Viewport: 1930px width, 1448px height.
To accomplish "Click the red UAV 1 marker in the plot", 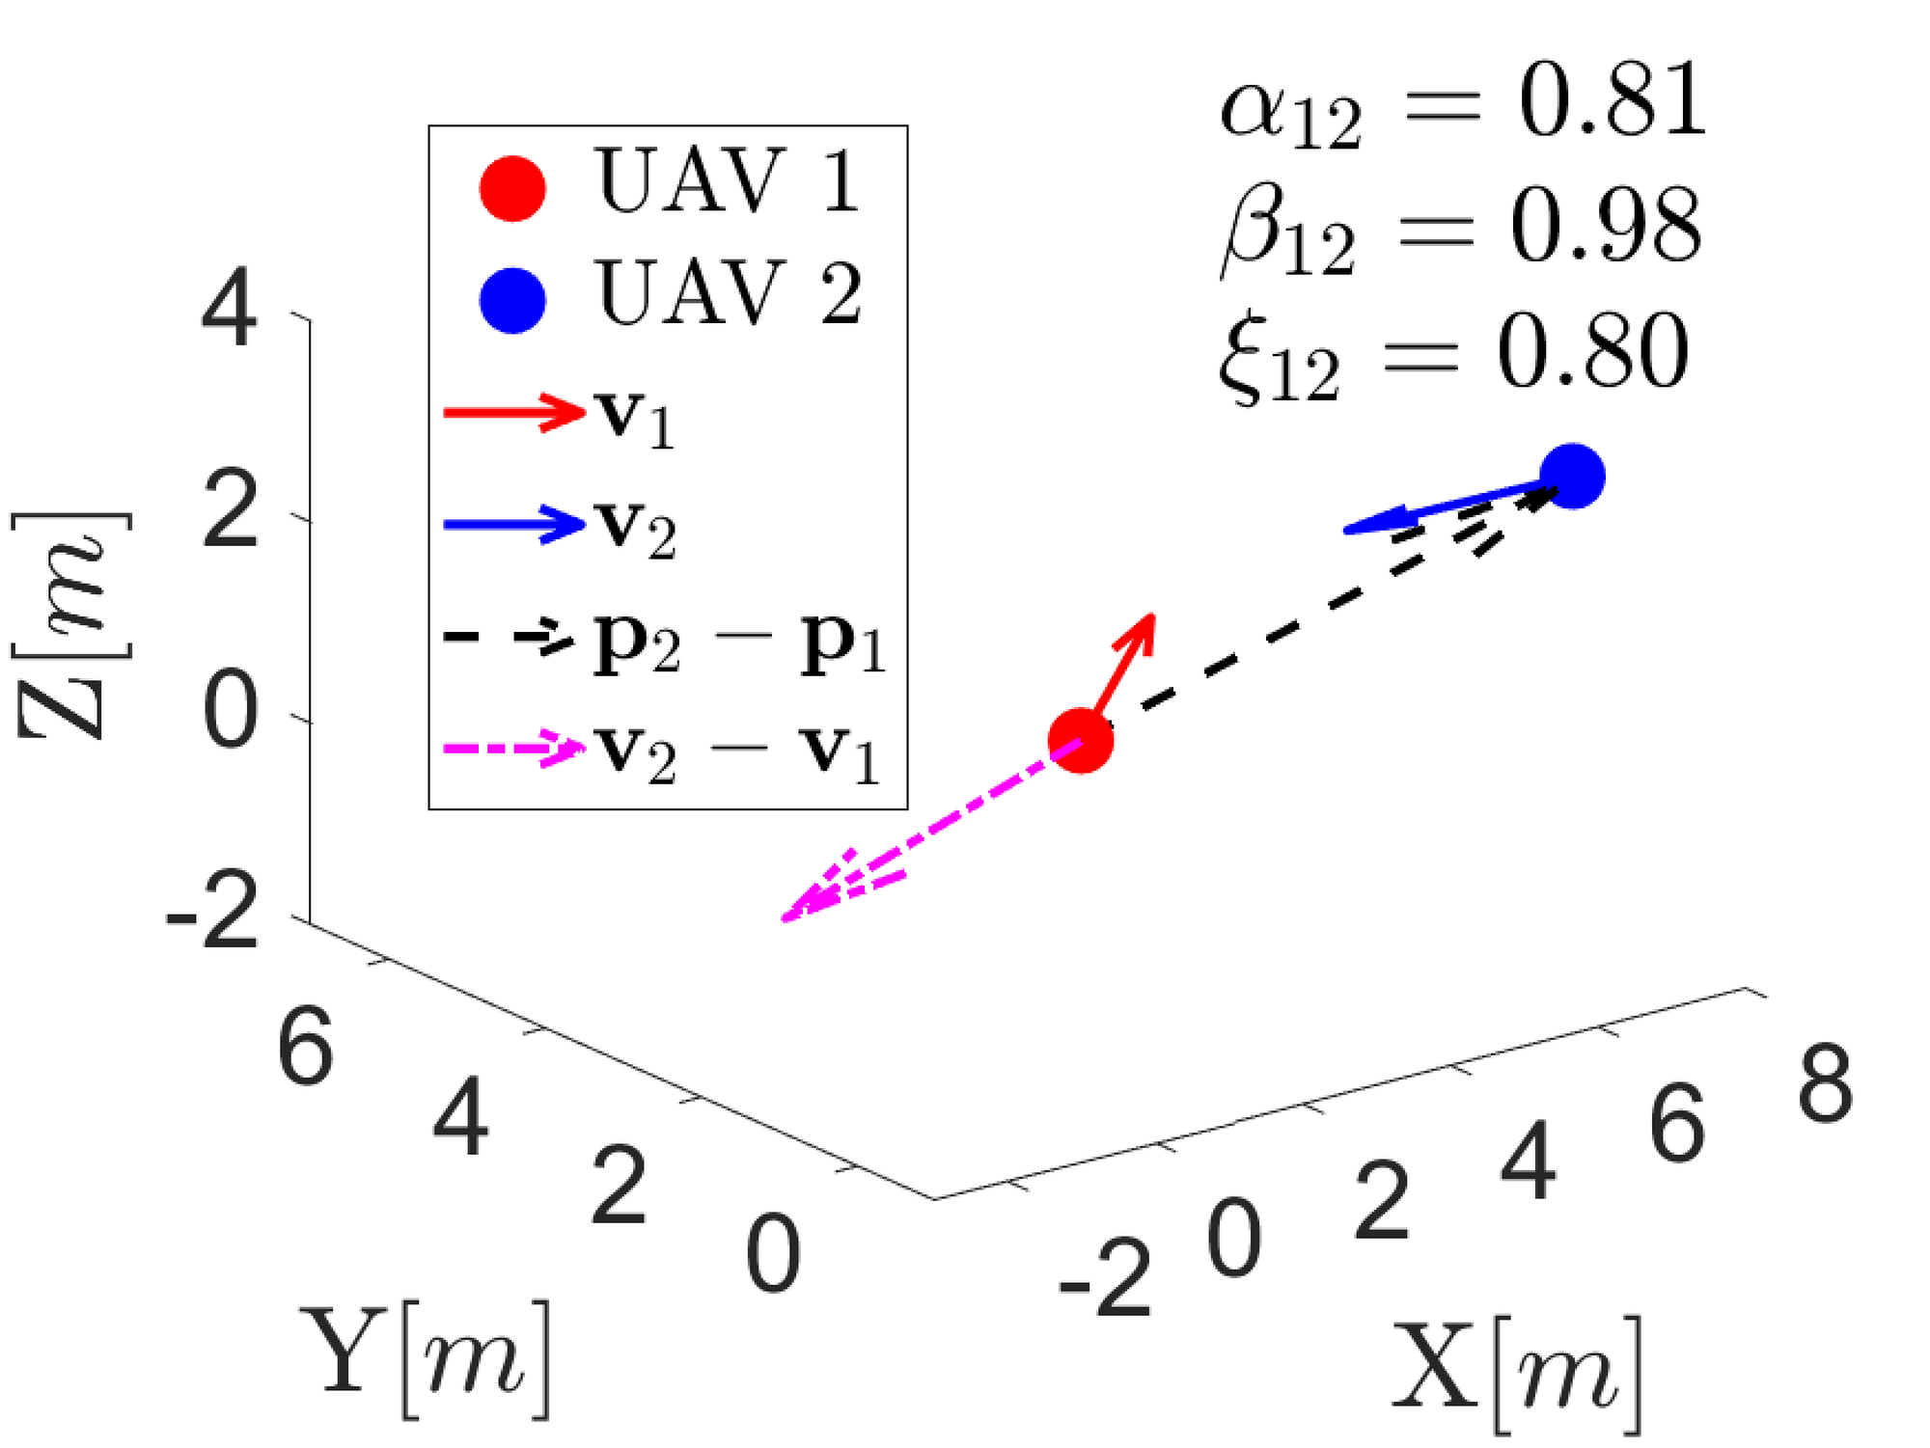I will [1081, 741].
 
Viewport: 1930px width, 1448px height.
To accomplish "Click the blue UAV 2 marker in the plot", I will [1572, 476].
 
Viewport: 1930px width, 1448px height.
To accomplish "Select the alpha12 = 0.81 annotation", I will [1463, 102].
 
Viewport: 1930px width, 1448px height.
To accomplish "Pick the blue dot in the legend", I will [512, 300].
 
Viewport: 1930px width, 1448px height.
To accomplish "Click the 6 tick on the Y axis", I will [306, 1048].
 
